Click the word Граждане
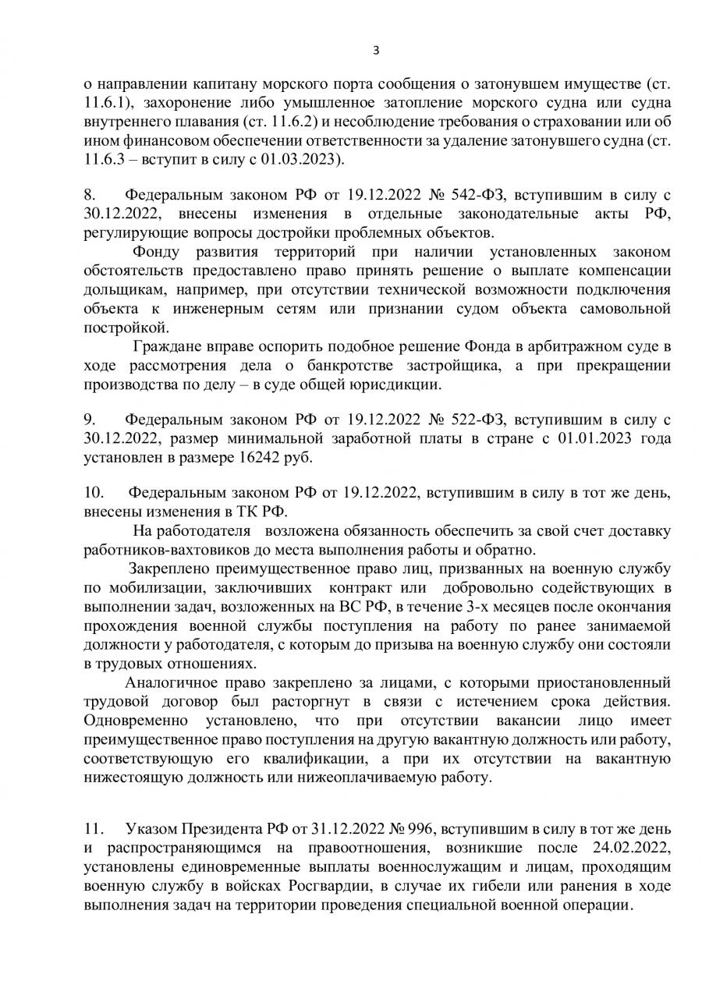pyautogui.click(x=168, y=346)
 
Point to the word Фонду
pyautogui.click(x=156, y=252)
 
